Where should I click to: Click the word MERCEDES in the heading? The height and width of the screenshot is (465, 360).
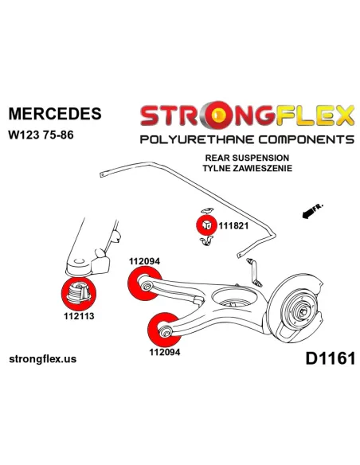click(x=55, y=114)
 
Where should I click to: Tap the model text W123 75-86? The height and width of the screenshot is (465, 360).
click(x=41, y=135)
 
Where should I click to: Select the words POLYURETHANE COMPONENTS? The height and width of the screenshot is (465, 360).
click(x=247, y=139)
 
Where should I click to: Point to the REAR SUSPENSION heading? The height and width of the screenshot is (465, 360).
click(x=247, y=158)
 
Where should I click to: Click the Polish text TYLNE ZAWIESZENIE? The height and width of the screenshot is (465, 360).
click(x=248, y=168)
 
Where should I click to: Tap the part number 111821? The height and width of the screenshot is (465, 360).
click(x=233, y=226)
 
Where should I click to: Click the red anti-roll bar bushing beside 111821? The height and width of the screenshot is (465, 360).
click(x=207, y=225)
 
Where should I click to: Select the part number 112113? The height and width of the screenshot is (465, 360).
click(x=79, y=316)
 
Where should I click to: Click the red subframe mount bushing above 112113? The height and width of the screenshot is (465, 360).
click(x=79, y=293)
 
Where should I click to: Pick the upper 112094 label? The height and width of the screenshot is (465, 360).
click(x=144, y=261)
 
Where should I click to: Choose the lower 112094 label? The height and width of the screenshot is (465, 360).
click(x=165, y=352)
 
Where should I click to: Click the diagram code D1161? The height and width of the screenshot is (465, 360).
click(x=331, y=358)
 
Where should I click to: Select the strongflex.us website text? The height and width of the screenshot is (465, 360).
click(x=43, y=359)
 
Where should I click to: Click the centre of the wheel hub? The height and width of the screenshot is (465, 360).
click(x=303, y=312)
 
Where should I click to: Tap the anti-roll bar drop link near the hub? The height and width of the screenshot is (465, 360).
click(x=253, y=273)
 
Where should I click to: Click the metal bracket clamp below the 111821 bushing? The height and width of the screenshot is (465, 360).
click(x=207, y=241)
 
